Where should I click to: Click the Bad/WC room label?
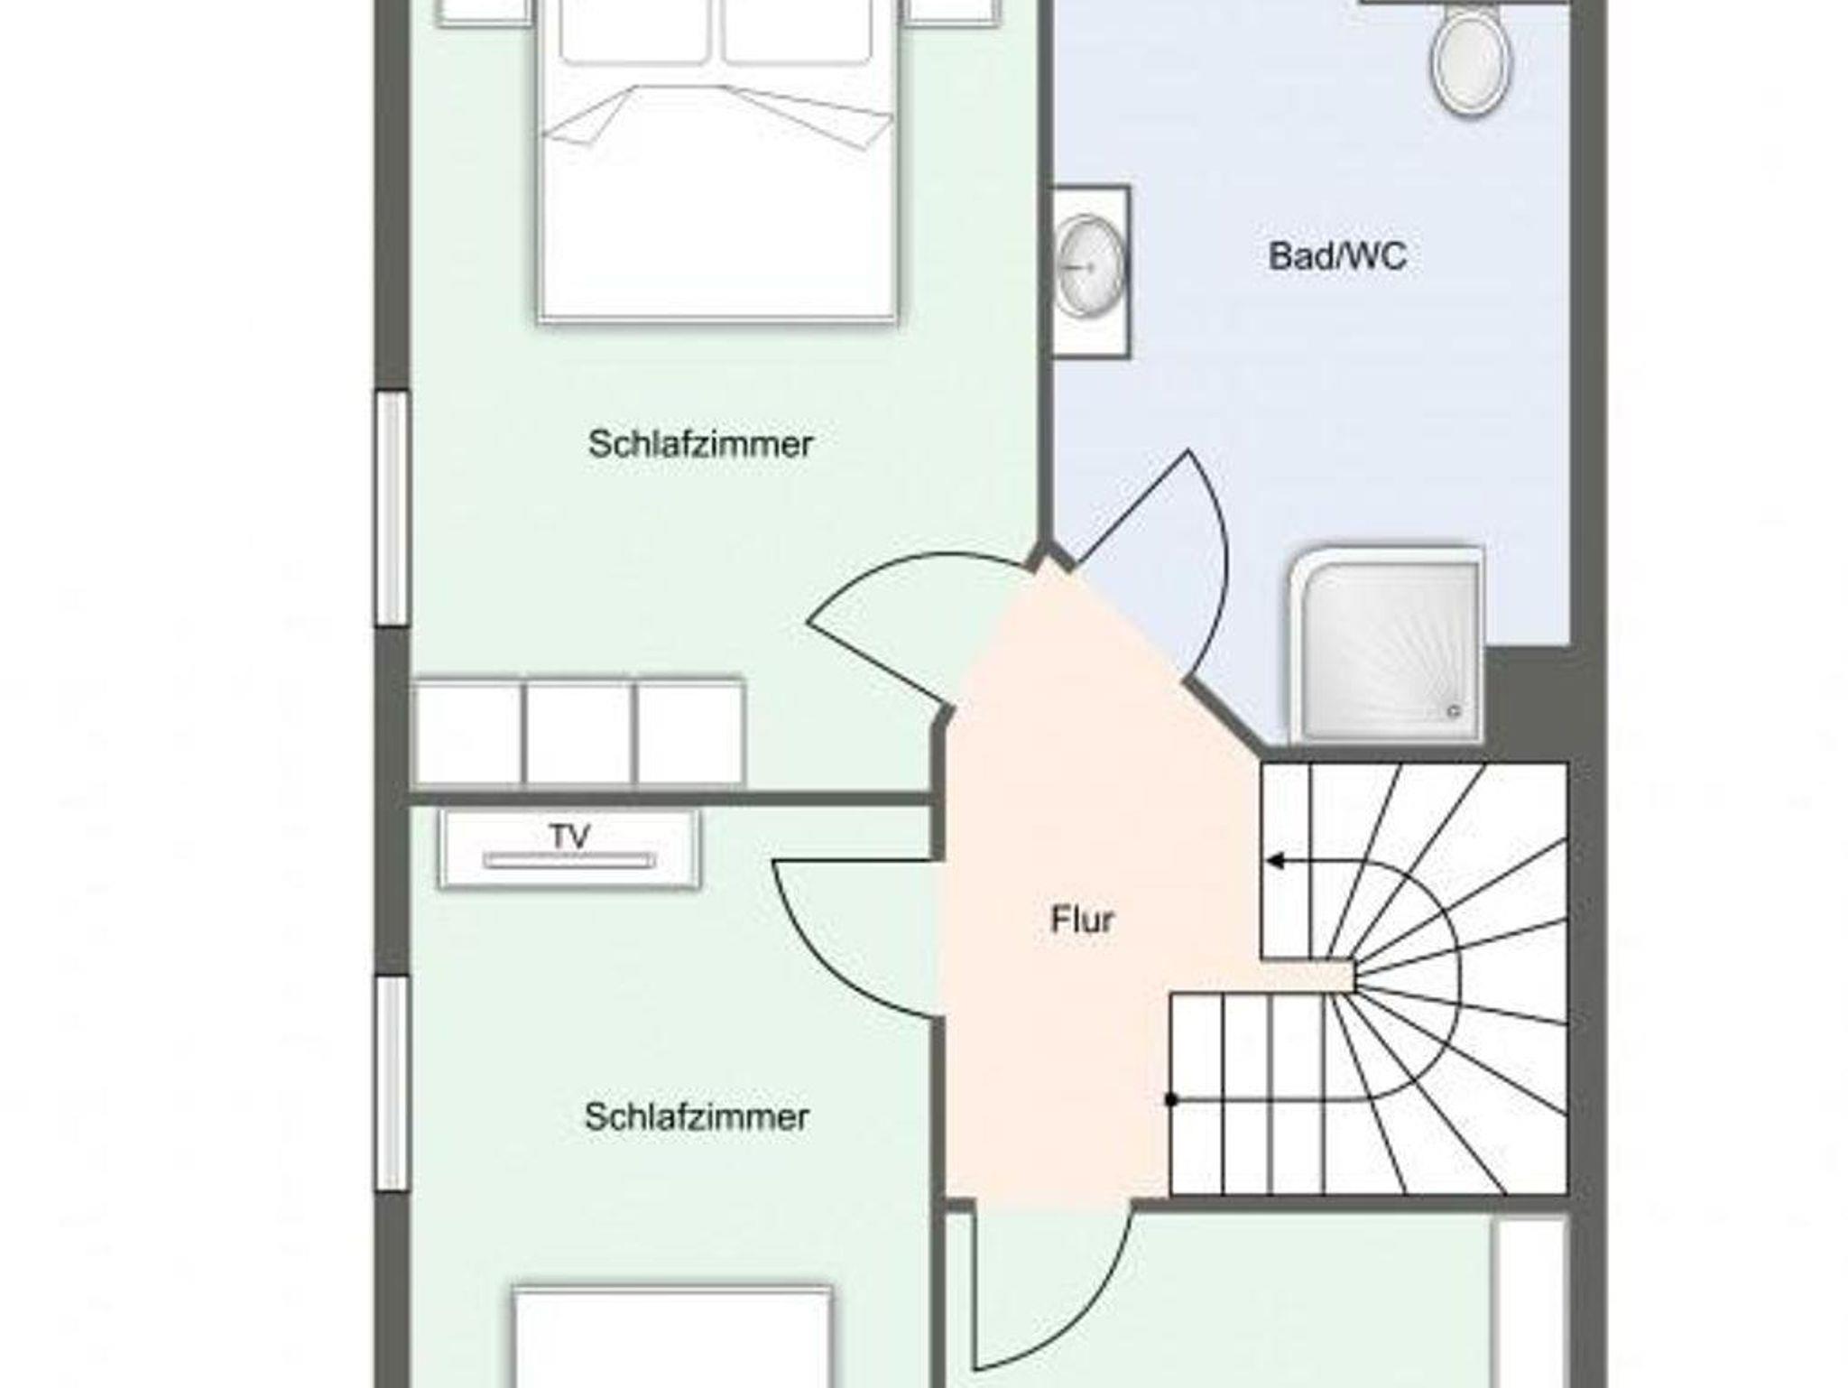pos(1337,256)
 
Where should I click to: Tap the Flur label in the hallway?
pos(1083,920)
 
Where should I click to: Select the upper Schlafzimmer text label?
pos(700,444)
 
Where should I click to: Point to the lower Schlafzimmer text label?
pos(697,1117)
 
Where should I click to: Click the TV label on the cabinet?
pos(569,837)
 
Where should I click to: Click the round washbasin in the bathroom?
pos(1091,266)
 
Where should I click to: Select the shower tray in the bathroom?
pos(1387,644)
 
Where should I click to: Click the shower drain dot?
pos(1454,711)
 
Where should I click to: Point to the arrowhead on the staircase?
pos(1275,861)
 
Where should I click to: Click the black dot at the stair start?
pos(1171,1099)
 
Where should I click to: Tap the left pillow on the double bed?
pos(633,32)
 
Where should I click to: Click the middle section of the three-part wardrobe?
pos(578,733)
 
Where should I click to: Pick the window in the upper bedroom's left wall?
pos(393,508)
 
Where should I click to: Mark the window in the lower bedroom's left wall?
pos(393,1084)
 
